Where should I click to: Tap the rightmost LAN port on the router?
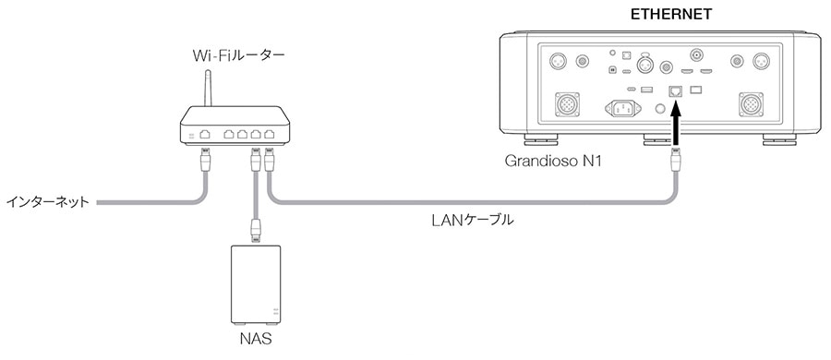point(269,135)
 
